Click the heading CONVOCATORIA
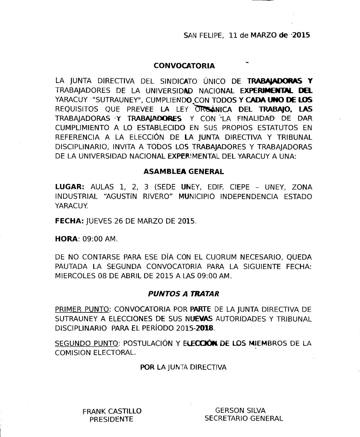tap(184, 66)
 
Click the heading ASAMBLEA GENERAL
tap(184, 171)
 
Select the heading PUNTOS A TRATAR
tap(184, 294)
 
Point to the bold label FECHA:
tap(69, 221)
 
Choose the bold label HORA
tap(66, 239)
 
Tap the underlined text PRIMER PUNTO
tap(82, 310)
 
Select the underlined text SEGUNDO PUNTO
tap(87, 343)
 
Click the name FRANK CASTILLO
tap(112, 411)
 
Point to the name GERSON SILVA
tap(240, 410)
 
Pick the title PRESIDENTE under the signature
tap(111, 420)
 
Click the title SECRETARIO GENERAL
tap(244, 419)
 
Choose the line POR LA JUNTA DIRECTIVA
tap(183, 367)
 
